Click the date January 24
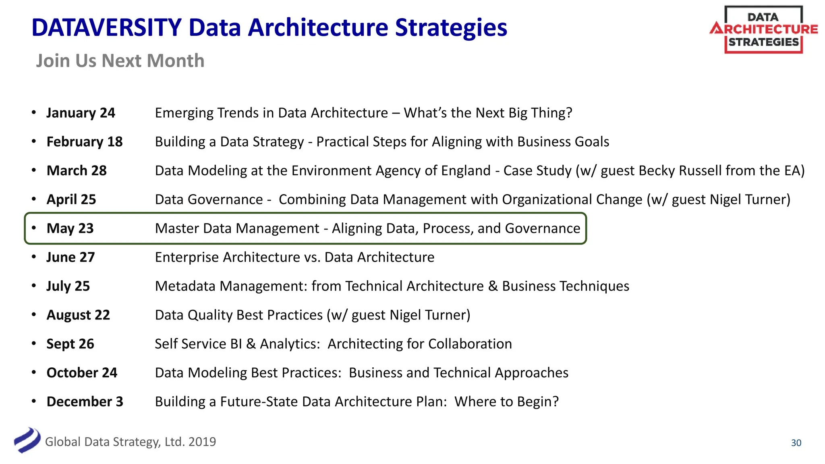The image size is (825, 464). pyautogui.click(x=81, y=113)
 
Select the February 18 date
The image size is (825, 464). pyautogui.click(x=85, y=142)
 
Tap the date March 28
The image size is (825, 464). pyautogui.click(x=77, y=171)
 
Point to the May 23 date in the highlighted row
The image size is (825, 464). pyautogui.click(x=70, y=228)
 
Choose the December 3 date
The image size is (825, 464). pyautogui.click(x=85, y=402)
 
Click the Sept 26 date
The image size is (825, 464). pyautogui.click(x=70, y=344)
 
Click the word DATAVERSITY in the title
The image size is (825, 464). pyautogui.click(x=107, y=27)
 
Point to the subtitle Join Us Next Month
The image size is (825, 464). pyautogui.click(x=120, y=61)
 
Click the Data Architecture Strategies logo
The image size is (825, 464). pyautogui.click(x=763, y=29)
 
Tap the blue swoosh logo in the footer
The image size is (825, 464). pyautogui.click(x=27, y=440)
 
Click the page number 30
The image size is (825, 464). pyautogui.click(x=796, y=443)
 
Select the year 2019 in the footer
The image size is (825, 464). pyautogui.click(x=202, y=442)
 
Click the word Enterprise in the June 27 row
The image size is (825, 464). pyautogui.click(x=187, y=257)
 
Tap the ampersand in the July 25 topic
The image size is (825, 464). pyautogui.click(x=493, y=286)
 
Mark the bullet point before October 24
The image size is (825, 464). pyautogui.click(x=34, y=373)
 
